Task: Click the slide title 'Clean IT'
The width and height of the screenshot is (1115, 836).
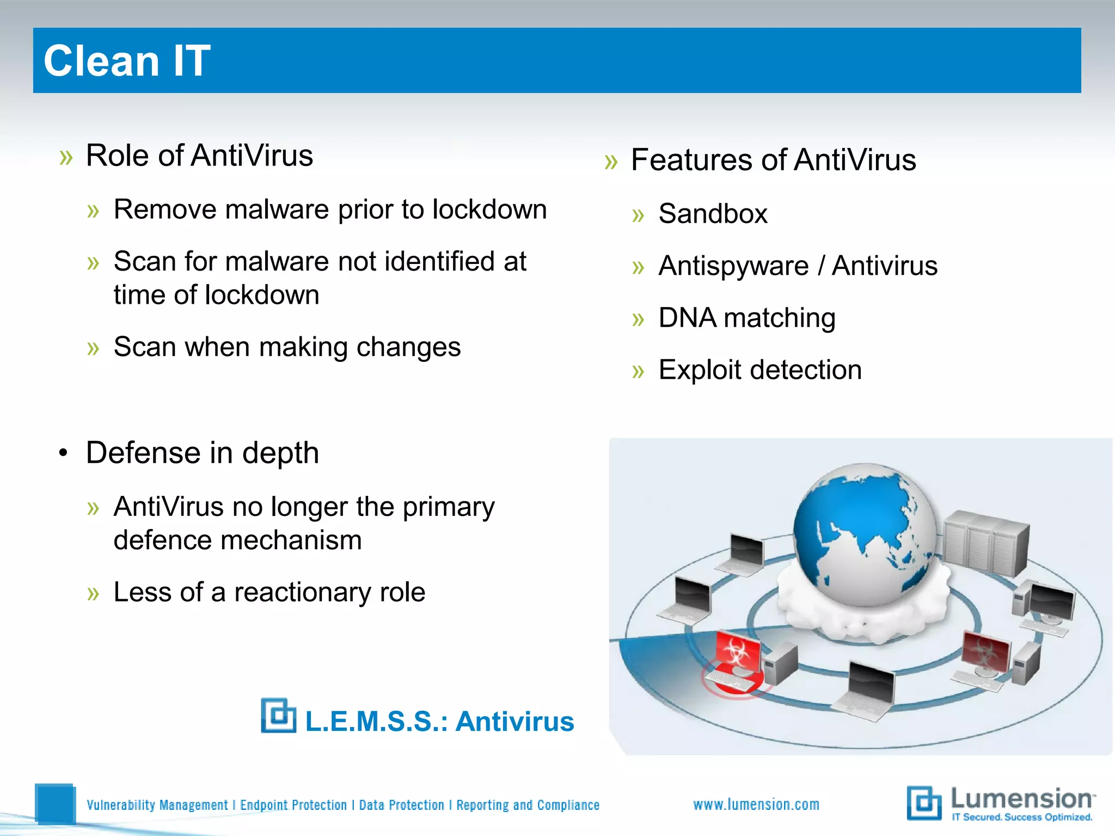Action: tap(127, 60)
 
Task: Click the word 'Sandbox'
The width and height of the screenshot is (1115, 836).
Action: tap(713, 213)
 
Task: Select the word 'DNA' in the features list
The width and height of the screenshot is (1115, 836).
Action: tap(687, 318)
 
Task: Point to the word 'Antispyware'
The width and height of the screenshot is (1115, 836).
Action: tap(733, 266)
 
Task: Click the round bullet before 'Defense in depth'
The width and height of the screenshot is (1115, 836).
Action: tap(64, 453)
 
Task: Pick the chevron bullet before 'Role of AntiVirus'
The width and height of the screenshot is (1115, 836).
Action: tap(66, 158)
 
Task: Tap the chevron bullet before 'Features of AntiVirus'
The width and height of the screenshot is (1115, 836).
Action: tap(611, 162)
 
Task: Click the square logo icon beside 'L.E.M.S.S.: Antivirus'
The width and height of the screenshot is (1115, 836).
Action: tap(278, 716)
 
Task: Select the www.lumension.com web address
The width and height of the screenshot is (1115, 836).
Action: tap(756, 804)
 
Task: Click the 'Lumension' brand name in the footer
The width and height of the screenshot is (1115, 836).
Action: tap(1021, 799)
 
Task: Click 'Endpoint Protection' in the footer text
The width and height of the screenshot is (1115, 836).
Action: tap(293, 805)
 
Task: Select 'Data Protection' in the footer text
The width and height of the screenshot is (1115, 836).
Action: tap(401, 805)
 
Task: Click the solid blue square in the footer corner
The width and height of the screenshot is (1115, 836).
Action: tap(54, 803)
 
